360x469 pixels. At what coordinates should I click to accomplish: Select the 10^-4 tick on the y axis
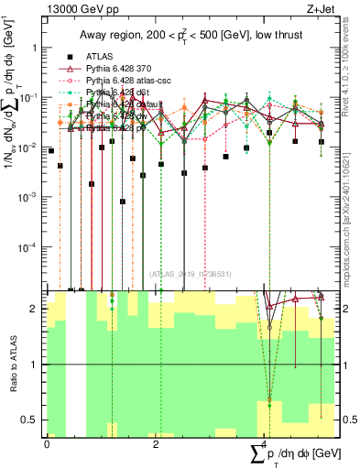point(29,247)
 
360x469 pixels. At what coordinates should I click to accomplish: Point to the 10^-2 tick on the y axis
point(29,147)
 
